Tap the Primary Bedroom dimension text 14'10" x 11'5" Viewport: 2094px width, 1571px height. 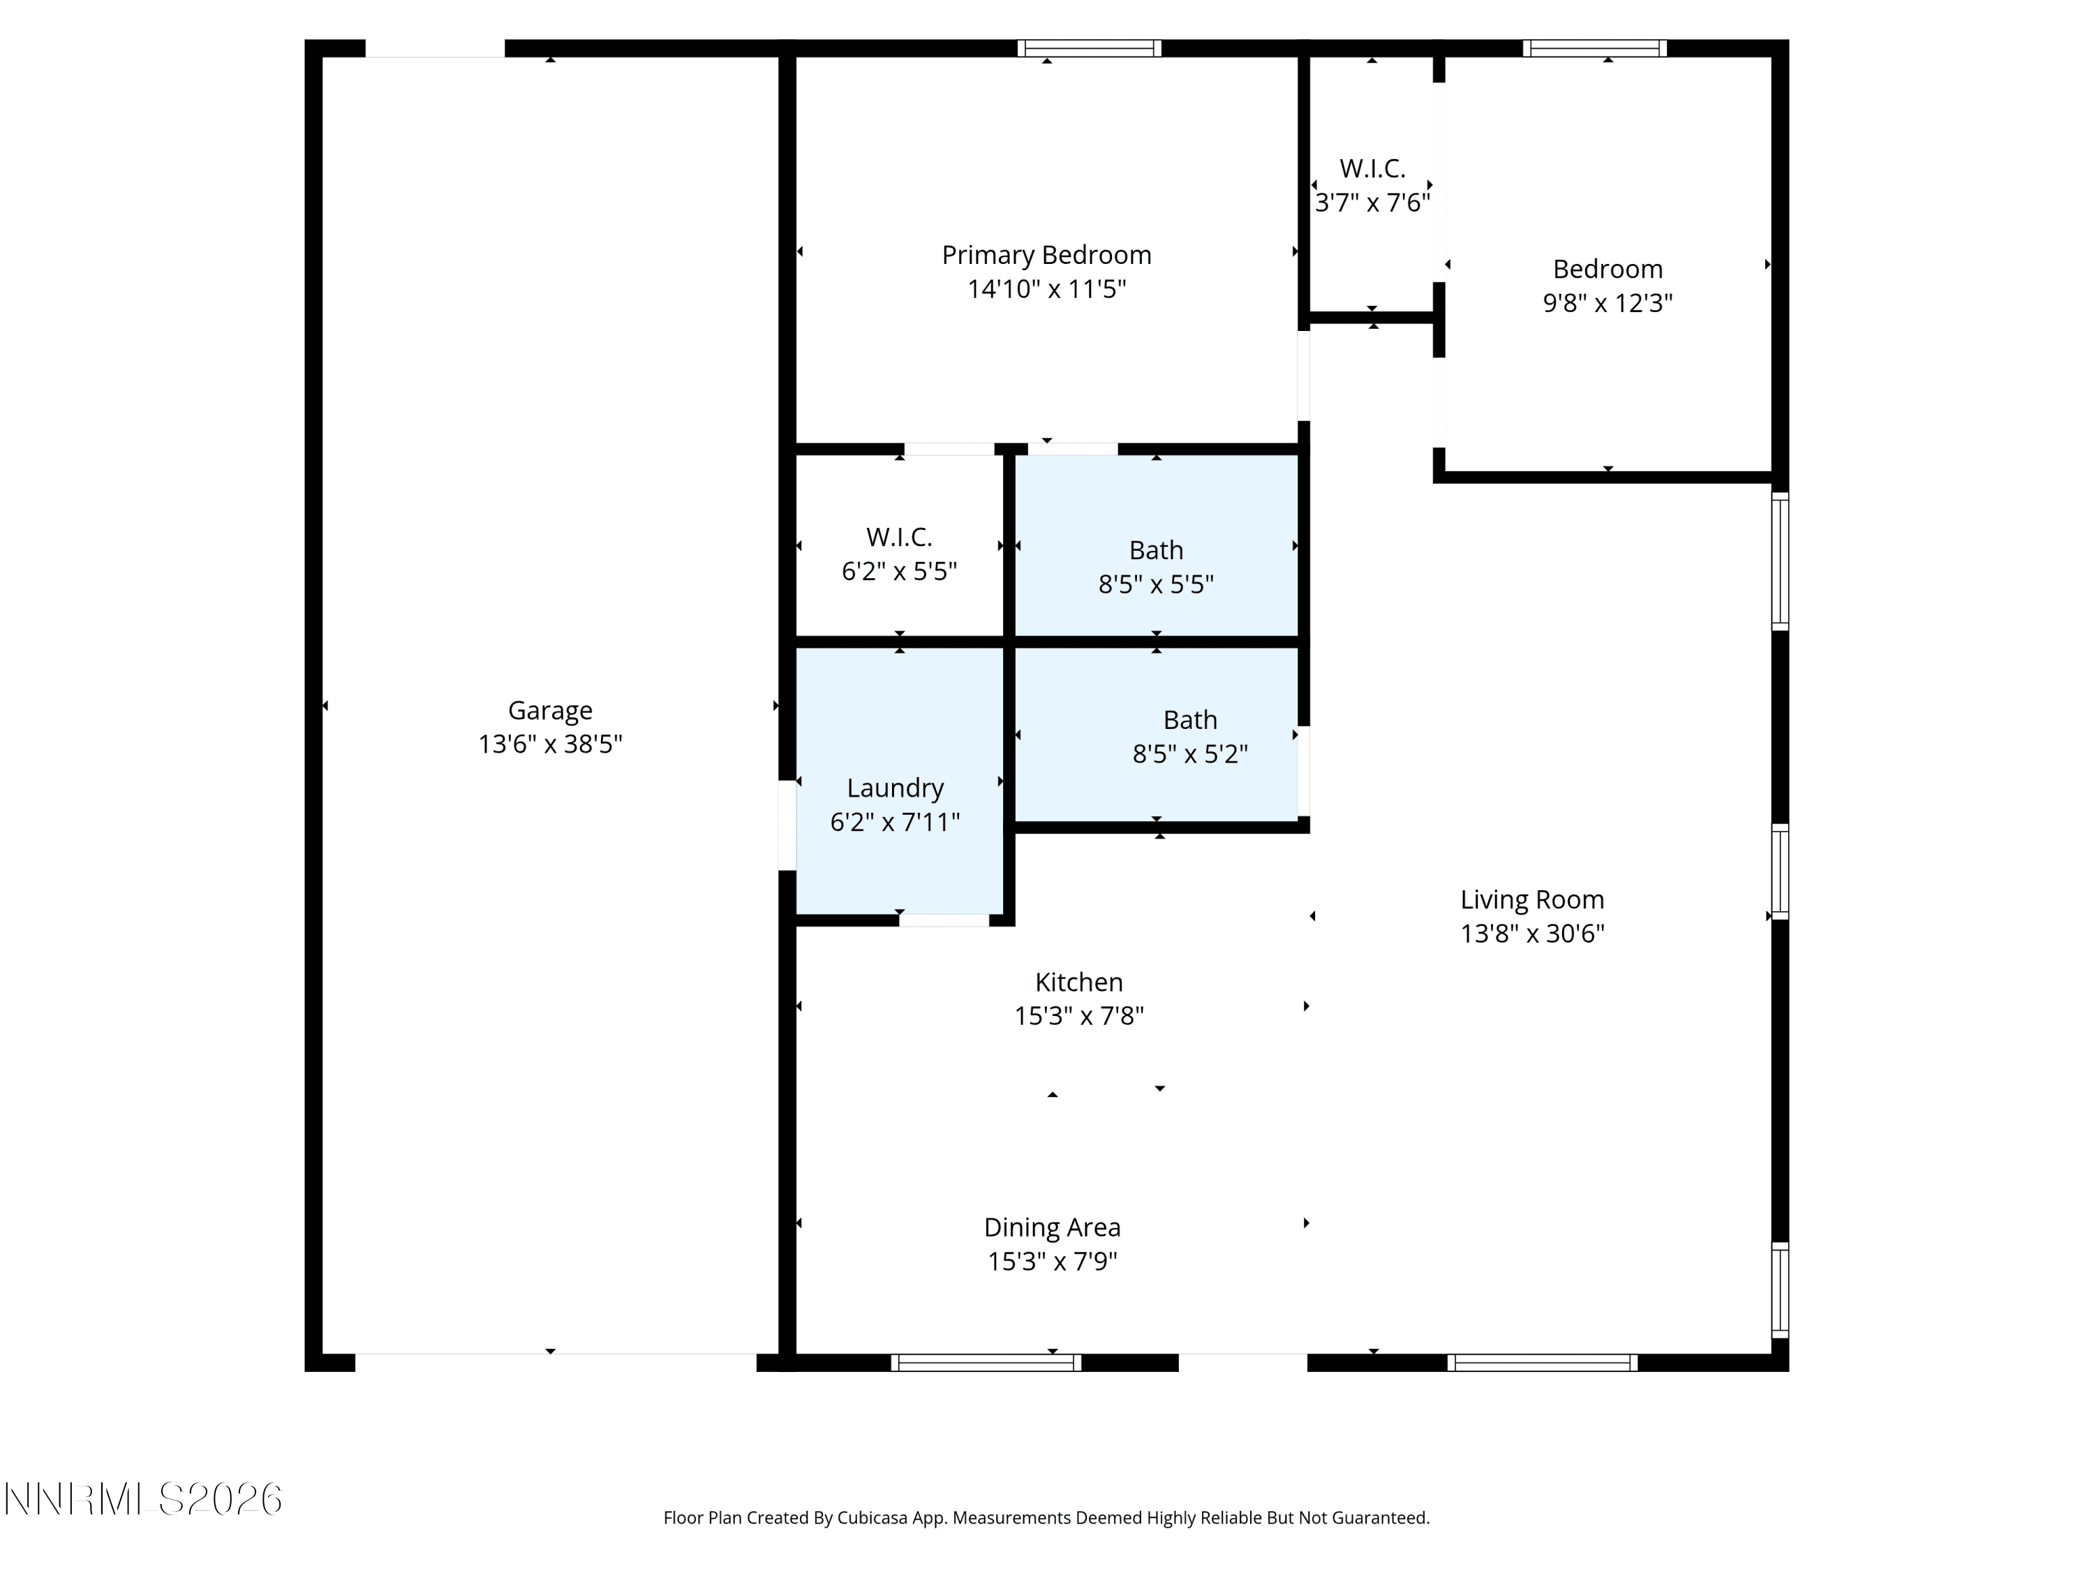[1046, 289]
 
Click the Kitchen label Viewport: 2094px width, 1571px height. [1078, 982]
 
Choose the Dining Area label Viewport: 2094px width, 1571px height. [1052, 1228]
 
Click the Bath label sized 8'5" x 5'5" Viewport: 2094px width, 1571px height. [1156, 550]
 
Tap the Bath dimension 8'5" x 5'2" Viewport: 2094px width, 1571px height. [1190, 754]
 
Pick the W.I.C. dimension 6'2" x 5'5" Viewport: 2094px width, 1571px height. [899, 571]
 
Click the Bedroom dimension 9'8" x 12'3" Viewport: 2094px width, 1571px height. [1607, 303]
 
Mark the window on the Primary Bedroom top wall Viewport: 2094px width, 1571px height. [1090, 48]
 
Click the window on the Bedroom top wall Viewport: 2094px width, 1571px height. [1595, 48]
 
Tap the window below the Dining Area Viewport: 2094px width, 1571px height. [986, 1363]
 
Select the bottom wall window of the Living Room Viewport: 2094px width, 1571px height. [1542, 1363]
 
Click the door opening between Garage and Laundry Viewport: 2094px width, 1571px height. [787, 825]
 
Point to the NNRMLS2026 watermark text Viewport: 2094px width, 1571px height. [143, 1500]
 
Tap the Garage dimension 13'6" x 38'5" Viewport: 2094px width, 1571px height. [550, 744]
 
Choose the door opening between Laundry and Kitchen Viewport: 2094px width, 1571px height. [944, 920]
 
